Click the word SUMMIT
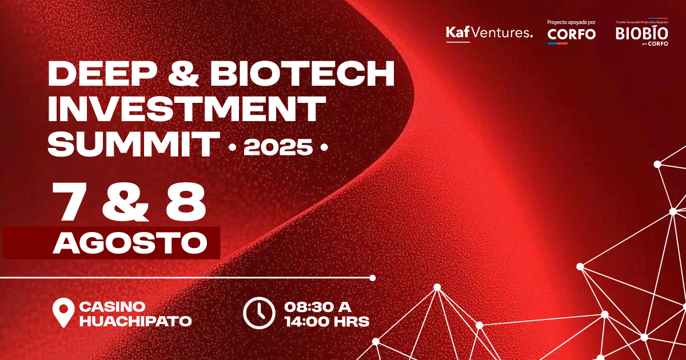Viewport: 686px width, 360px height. pos(133,144)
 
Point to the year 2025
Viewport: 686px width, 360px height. pos(278,148)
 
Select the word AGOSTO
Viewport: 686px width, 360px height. pos(130,243)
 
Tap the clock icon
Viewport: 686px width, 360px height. pos(260,313)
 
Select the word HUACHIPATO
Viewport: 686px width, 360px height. pos(135,321)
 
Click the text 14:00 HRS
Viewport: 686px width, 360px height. pos(326,321)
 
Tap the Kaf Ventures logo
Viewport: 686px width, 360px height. pos(489,33)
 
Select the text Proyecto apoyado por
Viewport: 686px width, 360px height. pos(571,22)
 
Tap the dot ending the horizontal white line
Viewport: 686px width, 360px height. pos(373,278)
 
